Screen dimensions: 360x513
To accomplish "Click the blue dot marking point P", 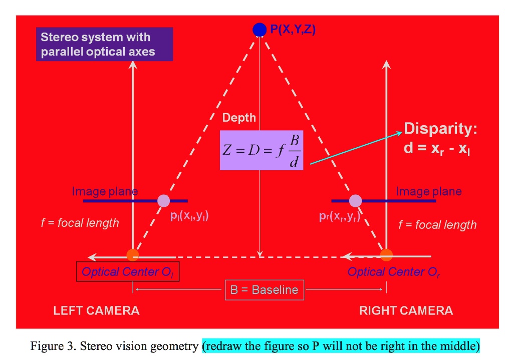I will [259, 30].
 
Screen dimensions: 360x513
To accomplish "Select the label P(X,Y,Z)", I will [293, 30].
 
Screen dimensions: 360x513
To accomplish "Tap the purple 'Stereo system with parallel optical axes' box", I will [104, 44].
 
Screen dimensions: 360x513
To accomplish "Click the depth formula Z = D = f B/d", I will [262, 150].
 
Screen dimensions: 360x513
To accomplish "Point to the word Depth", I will [239, 118].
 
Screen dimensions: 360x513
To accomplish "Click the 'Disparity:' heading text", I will [440, 129].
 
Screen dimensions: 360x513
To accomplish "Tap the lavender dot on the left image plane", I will [164, 201].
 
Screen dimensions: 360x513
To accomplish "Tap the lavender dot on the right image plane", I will [356, 201].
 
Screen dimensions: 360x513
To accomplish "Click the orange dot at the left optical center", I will [133, 255].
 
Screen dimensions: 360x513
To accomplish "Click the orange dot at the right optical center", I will [386, 255].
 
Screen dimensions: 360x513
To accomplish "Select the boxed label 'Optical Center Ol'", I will [128, 272].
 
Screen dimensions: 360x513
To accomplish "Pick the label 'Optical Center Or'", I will [394, 272].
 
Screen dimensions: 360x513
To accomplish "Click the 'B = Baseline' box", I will [264, 289].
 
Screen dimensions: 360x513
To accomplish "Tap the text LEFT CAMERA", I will [96, 310].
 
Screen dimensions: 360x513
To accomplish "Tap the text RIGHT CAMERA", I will [406, 310].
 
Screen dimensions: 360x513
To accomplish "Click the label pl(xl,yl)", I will [189, 216].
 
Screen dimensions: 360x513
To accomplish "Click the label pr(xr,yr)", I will [340, 216].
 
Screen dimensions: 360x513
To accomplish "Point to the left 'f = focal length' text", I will [80, 223].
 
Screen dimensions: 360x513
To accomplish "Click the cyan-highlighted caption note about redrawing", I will [341, 345].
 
